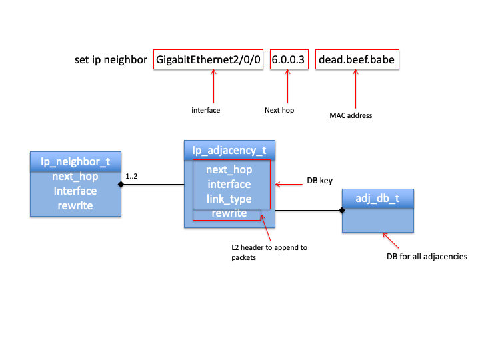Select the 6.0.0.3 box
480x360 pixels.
click(x=289, y=60)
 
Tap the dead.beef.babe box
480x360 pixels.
click(x=357, y=60)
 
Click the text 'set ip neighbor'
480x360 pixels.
click(x=111, y=60)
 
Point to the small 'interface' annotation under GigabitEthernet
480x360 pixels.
click(x=205, y=110)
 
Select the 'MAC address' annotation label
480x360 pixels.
click(x=351, y=115)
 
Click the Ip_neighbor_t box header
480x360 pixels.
click(x=75, y=161)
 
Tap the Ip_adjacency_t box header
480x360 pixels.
click(x=229, y=151)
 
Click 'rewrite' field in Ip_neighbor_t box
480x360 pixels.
click(x=75, y=205)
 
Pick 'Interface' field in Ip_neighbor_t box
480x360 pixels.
click(x=75, y=191)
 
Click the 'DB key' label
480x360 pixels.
click(x=321, y=181)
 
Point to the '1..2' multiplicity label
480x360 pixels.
click(x=132, y=176)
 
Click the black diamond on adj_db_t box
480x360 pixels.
click(x=343, y=211)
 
